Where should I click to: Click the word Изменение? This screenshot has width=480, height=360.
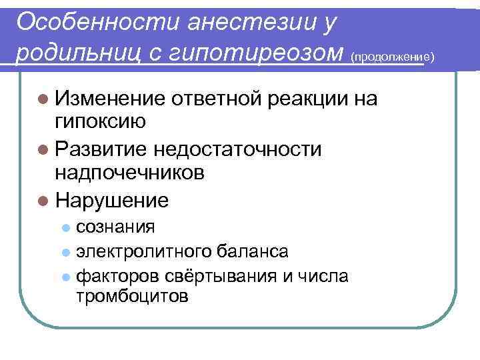click(110, 99)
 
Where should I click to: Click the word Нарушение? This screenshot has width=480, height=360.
click(113, 200)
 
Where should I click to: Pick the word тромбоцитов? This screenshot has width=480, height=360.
click(132, 295)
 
